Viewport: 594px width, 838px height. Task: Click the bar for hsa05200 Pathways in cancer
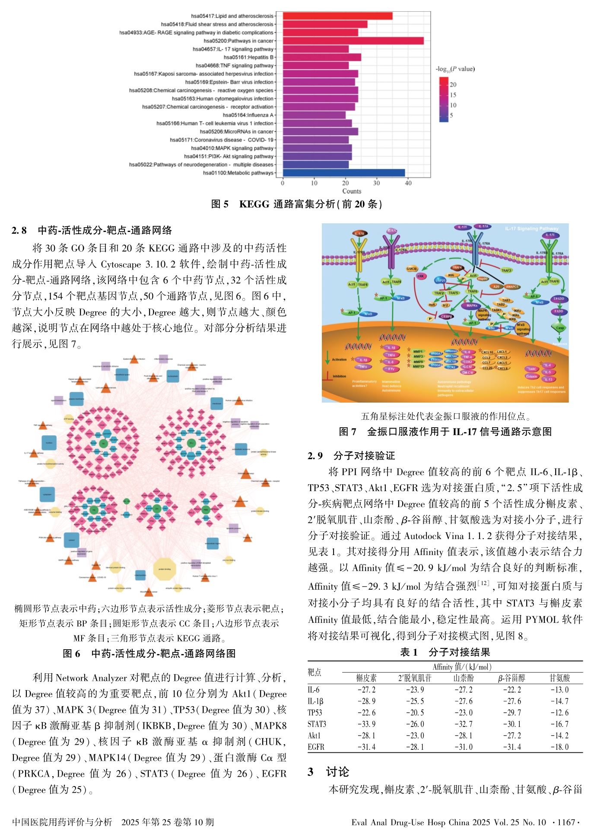point(353,41)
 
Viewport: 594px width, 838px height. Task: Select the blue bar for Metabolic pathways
point(343,173)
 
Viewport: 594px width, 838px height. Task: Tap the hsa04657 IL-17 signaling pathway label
point(233,49)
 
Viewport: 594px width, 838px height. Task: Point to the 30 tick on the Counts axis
point(377,183)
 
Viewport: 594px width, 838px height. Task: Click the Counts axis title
point(352,191)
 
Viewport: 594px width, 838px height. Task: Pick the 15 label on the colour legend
point(453,95)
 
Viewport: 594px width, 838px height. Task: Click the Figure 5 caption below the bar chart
point(296,204)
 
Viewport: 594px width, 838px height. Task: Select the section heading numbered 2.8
point(92,230)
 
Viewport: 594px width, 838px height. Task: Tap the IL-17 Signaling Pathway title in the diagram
point(531,229)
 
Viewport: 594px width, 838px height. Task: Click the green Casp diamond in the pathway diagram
point(559,327)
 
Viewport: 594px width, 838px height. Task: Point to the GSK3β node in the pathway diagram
point(411,269)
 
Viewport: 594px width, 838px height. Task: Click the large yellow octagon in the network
point(165,569)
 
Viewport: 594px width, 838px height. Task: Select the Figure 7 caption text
point(445,432)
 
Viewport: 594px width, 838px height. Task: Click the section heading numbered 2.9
point(351,455)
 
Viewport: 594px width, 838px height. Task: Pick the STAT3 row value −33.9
point(366,724)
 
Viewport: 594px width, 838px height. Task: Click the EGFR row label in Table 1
point(316,747)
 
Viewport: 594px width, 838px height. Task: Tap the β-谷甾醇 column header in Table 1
point(511,678)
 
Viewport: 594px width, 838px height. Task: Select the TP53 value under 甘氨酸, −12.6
point(559,713)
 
